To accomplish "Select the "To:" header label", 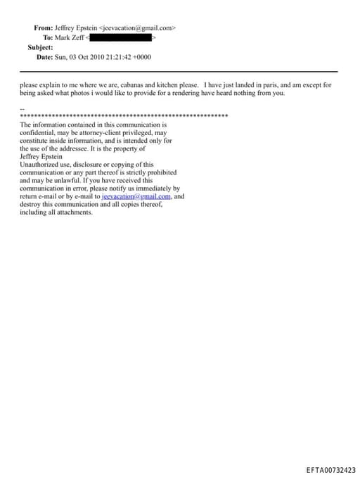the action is pos(48,37).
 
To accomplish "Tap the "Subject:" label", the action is pos(40,47).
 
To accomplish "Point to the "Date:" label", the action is pos(44,57).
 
